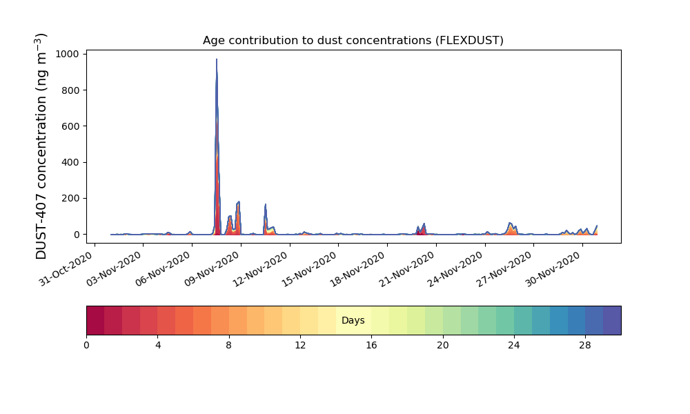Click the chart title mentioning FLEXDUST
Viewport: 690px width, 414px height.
point(353,41)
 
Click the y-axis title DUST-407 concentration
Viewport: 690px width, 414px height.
point(41,146)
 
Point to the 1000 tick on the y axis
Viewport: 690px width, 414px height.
point(68,54)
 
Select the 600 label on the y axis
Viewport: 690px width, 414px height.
point(70,126)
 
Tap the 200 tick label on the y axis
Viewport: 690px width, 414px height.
point(70,199)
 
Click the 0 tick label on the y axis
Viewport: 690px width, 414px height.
point(77,235)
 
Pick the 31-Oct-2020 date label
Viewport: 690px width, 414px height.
point(66,268)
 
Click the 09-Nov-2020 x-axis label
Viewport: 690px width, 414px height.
point(212,268)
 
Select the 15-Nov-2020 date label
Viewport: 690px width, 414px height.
point(310,268)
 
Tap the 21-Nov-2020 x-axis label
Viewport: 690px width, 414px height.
point(408,268)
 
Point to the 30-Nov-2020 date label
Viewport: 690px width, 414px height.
point(553,268)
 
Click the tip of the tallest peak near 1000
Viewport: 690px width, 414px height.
point(217,59)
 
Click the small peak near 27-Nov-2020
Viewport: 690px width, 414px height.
point(510,223)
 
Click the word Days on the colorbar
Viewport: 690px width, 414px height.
point(353,320)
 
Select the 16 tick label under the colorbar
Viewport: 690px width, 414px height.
point(371,346)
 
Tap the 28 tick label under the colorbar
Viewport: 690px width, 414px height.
point(585,346)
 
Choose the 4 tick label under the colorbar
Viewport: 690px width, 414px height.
point(158,346)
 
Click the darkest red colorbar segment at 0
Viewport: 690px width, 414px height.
point(95,320)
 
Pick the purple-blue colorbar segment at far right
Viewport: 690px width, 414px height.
point(612,320)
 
